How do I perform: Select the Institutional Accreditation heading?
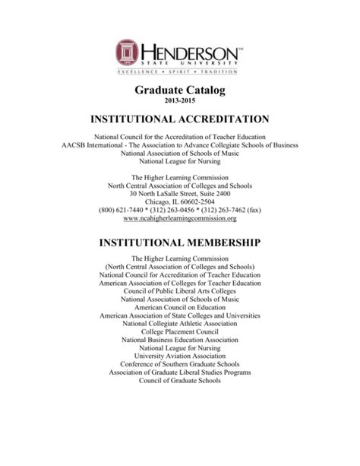coord(180,120)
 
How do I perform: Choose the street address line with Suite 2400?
coord(180,192)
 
